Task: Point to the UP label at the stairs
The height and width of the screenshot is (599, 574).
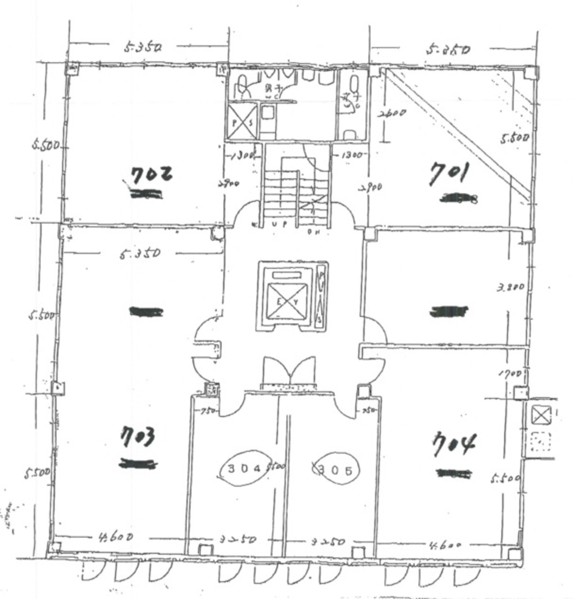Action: (279, 224)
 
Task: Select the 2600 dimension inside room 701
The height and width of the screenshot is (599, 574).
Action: (392, 113)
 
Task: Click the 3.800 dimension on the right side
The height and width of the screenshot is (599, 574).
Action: (510, 287)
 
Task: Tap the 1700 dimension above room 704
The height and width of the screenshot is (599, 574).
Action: (509, 373)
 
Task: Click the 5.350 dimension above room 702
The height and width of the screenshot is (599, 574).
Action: (144, 48)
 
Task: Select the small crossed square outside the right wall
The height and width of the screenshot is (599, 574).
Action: (540, 415)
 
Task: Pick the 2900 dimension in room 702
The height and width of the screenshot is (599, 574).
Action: (228, 184)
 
